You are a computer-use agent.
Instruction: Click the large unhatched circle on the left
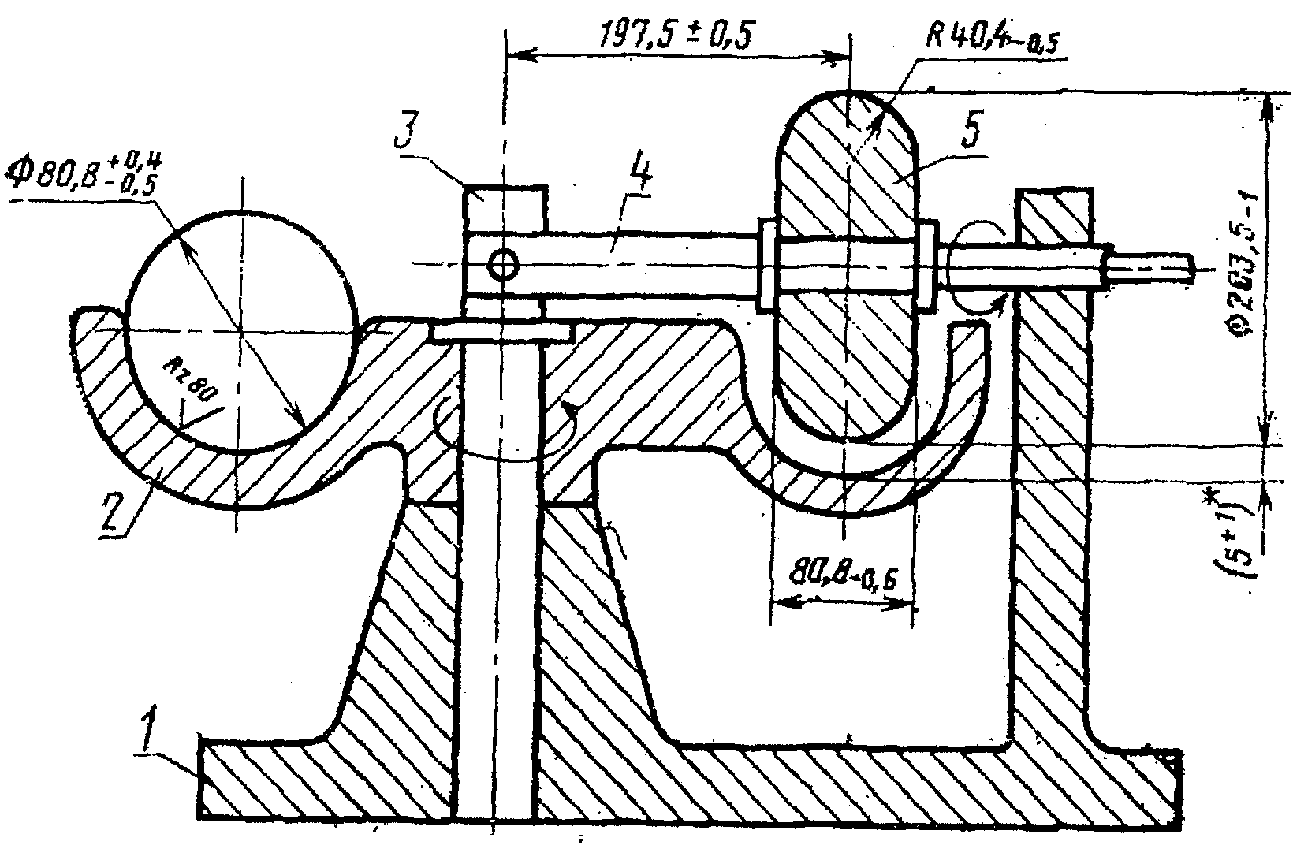point(237,331)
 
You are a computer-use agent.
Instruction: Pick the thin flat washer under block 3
point(503,332)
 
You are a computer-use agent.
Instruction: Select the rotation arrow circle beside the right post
point(978,268)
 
